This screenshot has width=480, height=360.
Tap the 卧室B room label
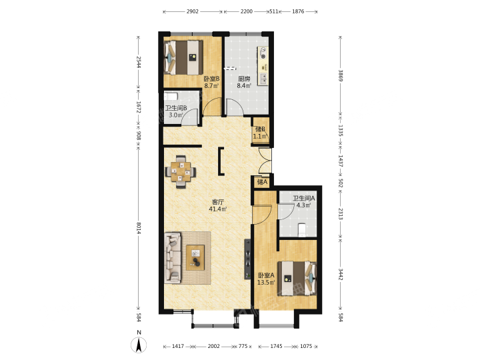tap(211, 79)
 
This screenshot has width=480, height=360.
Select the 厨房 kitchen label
tap(244, 79)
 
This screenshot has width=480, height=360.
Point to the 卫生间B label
tap(176, 108)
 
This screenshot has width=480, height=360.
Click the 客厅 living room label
tap(218, 202)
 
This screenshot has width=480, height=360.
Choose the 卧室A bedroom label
tap(266, 275)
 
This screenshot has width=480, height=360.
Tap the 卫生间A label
tap(304, 199)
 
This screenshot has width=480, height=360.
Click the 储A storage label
tap(263, 182)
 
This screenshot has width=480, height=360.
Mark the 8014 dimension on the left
tap(139, 229)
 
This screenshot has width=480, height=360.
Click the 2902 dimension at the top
tap(192, 11)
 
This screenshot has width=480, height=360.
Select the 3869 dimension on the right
tap(341, 75)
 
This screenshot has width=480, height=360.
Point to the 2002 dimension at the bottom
tap(214, 346)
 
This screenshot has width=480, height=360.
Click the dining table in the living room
tap(181, 172)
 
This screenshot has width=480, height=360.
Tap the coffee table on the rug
tap(195, 257)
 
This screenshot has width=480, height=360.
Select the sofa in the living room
tap(173, 258)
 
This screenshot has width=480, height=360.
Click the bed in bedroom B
tap(183, 57)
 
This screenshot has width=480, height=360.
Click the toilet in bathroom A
tap(302, 230)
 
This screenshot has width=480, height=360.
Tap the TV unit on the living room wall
tap(247, 259)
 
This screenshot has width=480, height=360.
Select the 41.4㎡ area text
tap(218, 209)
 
